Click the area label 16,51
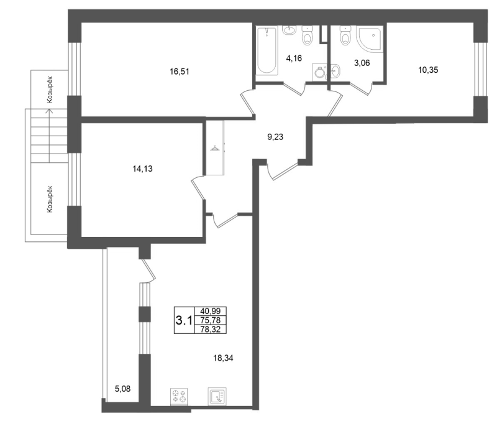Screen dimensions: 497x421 tap(180, 72)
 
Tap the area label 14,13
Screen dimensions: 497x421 tap(142, 169)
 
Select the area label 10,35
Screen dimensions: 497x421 tap(428, 70)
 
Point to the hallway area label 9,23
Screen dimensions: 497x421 tap(275, 137)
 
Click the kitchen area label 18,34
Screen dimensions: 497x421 tap(224, 358)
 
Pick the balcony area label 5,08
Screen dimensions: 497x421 tap(122, 389)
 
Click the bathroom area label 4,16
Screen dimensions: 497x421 tap(294, 58)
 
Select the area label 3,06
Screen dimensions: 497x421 tap(362, 63)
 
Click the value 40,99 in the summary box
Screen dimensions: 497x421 tap(211, 311)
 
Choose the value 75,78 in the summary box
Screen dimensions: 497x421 tap(211, 320)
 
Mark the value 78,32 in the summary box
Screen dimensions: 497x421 tap(211, 330)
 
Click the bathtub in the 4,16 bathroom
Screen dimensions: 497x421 tap(267, 51)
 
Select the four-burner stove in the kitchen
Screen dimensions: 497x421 tap(179, 397)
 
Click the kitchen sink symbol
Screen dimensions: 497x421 tap(217, 397)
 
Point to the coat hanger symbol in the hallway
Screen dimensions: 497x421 tap(215, 148)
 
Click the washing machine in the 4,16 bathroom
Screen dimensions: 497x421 tap(319, 72)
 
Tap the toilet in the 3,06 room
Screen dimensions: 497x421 tap(345, 35)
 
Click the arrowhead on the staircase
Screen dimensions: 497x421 tap(49, 111)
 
